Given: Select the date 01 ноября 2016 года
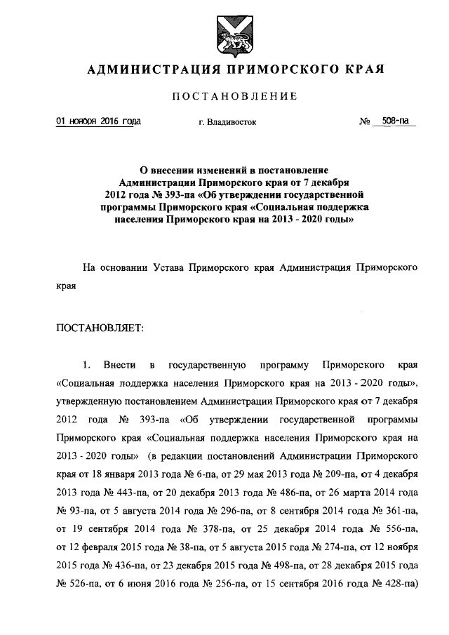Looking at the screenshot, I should coord(98,121).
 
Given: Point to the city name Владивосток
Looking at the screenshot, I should coord(232,123).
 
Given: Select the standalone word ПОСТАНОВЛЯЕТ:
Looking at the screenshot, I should coord(98,328).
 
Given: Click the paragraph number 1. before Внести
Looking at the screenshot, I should coord(87,366).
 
